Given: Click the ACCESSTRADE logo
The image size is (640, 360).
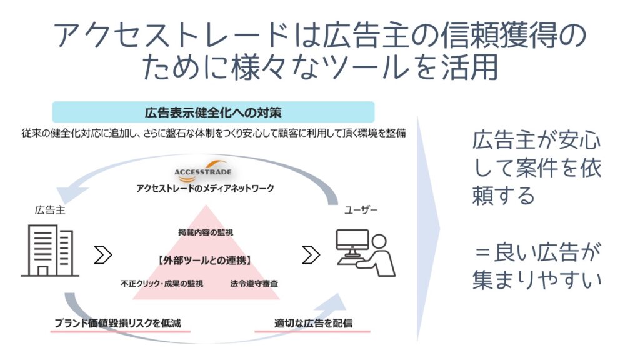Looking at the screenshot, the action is [x=203, y=171].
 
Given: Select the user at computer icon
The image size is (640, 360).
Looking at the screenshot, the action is [x=365, y=253].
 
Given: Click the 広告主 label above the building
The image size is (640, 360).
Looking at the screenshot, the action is [x=50, y=210].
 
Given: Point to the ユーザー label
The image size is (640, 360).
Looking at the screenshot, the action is [x=361, y=210].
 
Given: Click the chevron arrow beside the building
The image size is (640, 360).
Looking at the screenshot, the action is [x=103, y=255].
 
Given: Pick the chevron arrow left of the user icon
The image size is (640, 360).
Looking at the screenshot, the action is [x=311, y=255].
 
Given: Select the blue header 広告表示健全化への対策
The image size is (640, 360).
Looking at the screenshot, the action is [x=214, y=112].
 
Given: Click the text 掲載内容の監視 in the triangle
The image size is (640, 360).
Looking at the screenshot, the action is [x=206, y=232].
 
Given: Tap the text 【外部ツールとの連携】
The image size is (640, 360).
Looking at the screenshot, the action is [x=204, y=260].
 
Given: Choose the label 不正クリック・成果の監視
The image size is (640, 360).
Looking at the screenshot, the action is [x=162, y=283].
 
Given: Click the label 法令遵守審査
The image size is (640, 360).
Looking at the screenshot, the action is [x=254, y=283].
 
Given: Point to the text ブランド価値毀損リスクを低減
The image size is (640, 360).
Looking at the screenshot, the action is [x=117, y=323].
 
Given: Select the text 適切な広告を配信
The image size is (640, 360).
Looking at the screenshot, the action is [x=314, y=323].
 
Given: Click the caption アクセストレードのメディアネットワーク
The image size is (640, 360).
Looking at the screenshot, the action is [x=205, y=188].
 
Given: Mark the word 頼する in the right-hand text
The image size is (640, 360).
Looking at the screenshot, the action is [x=503, y=195].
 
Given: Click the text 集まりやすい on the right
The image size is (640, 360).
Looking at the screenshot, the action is [x=537, y=280].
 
